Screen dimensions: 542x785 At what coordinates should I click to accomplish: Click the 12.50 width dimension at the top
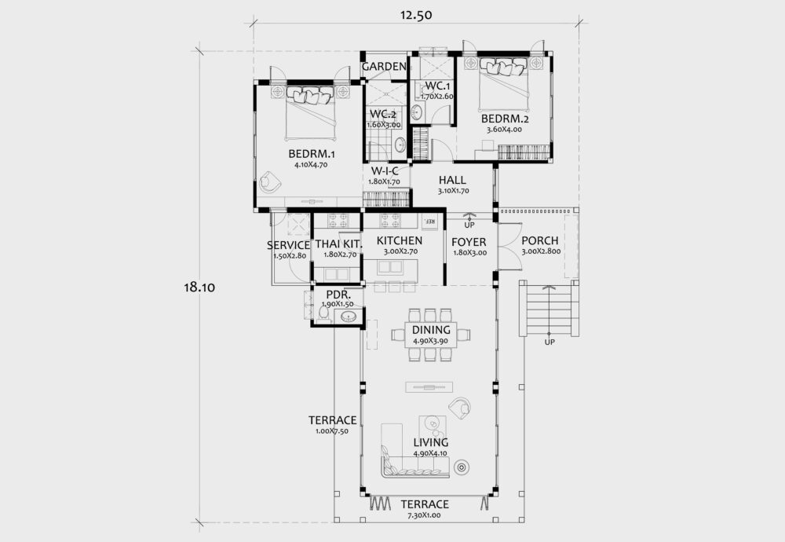(x=414, y=15)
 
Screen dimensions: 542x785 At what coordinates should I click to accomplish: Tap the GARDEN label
(x=384, y=67)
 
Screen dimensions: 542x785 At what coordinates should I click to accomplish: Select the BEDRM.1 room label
(x=312, y=154)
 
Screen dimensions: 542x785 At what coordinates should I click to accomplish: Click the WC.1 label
(x=437, y=86)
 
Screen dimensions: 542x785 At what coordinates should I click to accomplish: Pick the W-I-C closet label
(x=384, y=170)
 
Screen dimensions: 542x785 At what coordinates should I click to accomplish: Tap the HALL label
(x=453, y=180)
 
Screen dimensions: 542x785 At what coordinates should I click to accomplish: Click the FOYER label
(x=469, y=241)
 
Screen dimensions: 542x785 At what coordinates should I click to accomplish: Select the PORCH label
(x=540, y=240)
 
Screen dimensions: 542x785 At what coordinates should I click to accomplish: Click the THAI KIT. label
(x=338, y=244)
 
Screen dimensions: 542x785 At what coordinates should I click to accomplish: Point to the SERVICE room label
(x=288, y=245)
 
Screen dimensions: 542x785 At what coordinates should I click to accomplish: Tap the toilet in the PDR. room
(x=323, y=313)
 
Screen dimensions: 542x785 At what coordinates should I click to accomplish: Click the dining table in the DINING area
(x=431, y=335)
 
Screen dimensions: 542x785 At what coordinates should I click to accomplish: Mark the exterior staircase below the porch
(x=549, y=309)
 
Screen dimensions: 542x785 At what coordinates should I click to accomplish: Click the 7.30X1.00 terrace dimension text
(x=424, y=515)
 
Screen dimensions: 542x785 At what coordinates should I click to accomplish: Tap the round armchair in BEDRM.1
(x=271, y=181)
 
